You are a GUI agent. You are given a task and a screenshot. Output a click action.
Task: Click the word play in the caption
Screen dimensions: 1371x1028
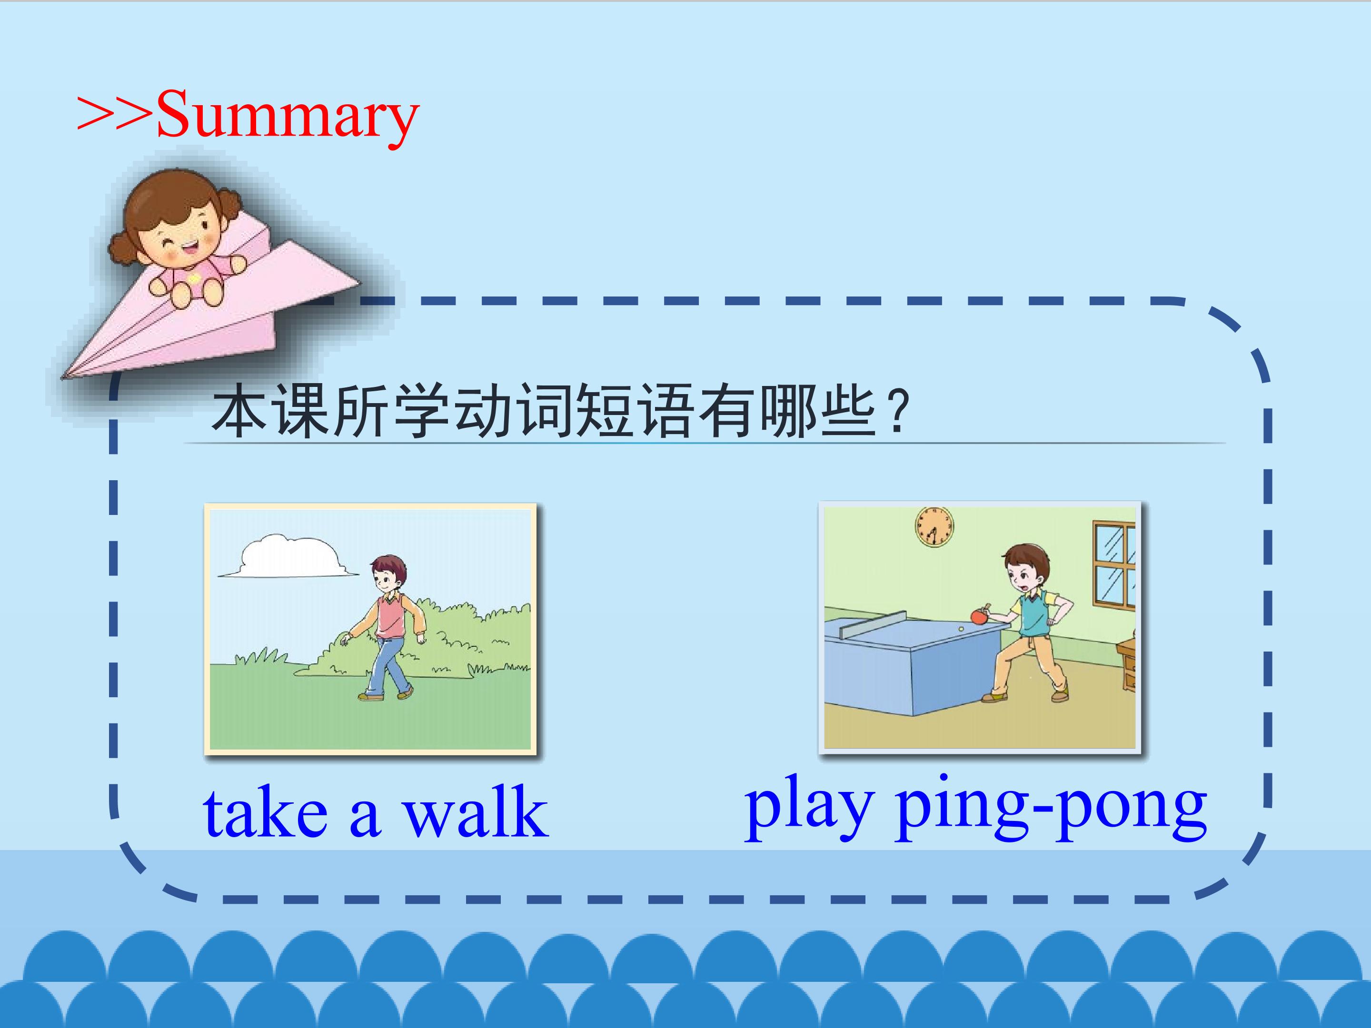point(809,808)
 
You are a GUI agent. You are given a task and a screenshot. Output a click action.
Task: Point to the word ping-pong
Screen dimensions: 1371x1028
point(1051,808)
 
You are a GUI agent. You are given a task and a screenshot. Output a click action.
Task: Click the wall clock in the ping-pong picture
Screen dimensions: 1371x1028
point(934,527)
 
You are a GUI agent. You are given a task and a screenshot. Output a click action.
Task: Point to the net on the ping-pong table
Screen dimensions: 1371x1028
point(872,624)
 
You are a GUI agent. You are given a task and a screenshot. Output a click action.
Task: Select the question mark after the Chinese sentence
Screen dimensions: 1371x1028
point(897,410)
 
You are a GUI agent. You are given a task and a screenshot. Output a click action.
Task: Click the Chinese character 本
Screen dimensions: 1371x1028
point(240,410)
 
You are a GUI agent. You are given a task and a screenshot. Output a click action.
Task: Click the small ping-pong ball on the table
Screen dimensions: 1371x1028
point(961,629)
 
